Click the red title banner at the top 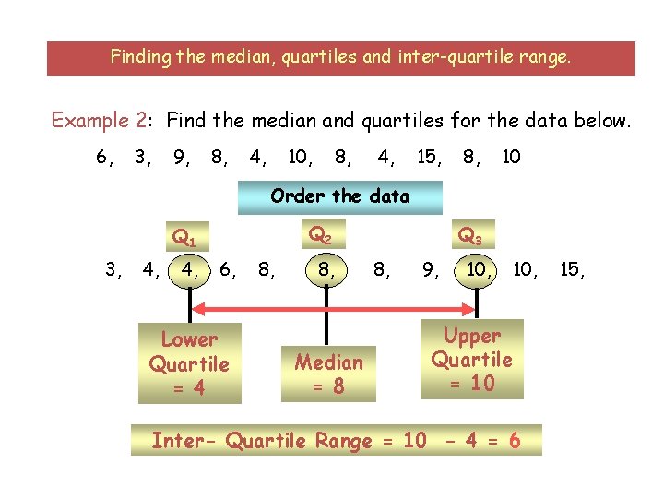point(341,57)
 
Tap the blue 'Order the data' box point(339,196)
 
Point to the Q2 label point(320,235)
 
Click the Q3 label point(469,237)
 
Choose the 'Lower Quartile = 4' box point(189,362)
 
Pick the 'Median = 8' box point(328,373)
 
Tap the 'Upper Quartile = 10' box point(471,359)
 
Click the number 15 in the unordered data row point(427,158)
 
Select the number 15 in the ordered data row point(571,270)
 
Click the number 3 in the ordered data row point(112,270)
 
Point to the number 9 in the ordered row point(430,270)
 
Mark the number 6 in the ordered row point(228,270)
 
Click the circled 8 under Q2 point(324,270)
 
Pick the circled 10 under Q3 point(478,270)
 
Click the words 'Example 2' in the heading point(100,120)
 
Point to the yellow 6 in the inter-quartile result point(513,441)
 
